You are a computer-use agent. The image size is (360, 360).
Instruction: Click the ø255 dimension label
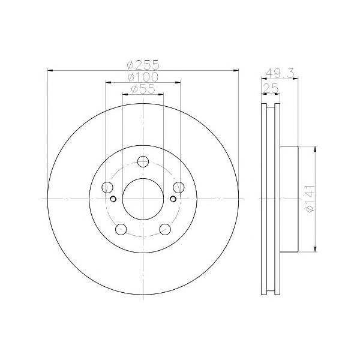click(143, 65)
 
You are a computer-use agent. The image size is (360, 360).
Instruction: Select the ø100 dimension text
click(143, 77)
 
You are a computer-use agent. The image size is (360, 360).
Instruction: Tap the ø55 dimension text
click(143, 89)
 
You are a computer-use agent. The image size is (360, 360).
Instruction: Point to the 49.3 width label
click(280, 73)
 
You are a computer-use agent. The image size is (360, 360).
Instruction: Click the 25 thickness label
click(271, 88)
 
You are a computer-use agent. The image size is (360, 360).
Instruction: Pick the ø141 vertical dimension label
click(310, 199)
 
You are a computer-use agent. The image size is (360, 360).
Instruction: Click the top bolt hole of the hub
click(143, 161)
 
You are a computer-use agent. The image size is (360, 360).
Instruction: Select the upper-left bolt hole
click(107, 187)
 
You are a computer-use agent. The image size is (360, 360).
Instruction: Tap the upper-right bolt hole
click(179, 187)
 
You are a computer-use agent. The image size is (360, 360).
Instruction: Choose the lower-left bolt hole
click(121, 229)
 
